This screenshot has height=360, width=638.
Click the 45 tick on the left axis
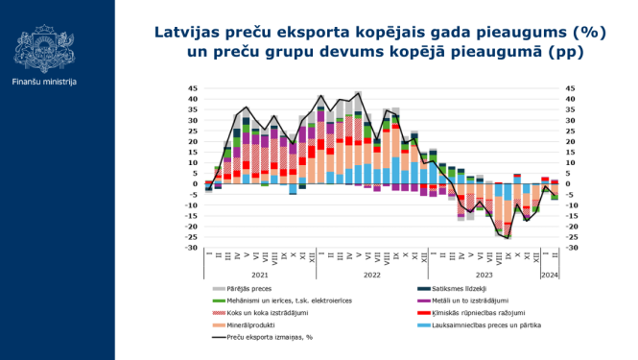[195, 88]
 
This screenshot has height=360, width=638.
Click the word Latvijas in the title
[191, 31]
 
